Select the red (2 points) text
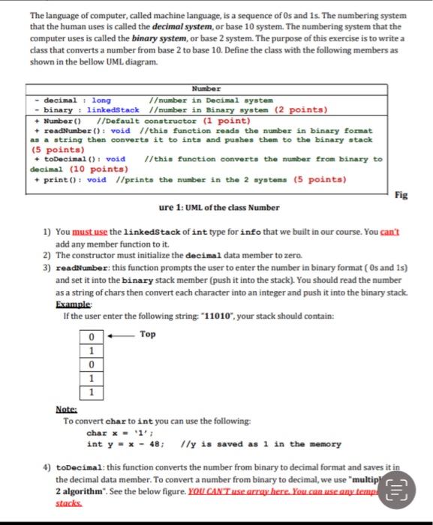(302, 109)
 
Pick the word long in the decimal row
(101, 100)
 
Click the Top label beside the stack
(148, 334)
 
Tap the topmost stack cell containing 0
(91, 335)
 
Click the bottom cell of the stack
(91, 391)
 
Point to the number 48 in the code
(156, 443)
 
